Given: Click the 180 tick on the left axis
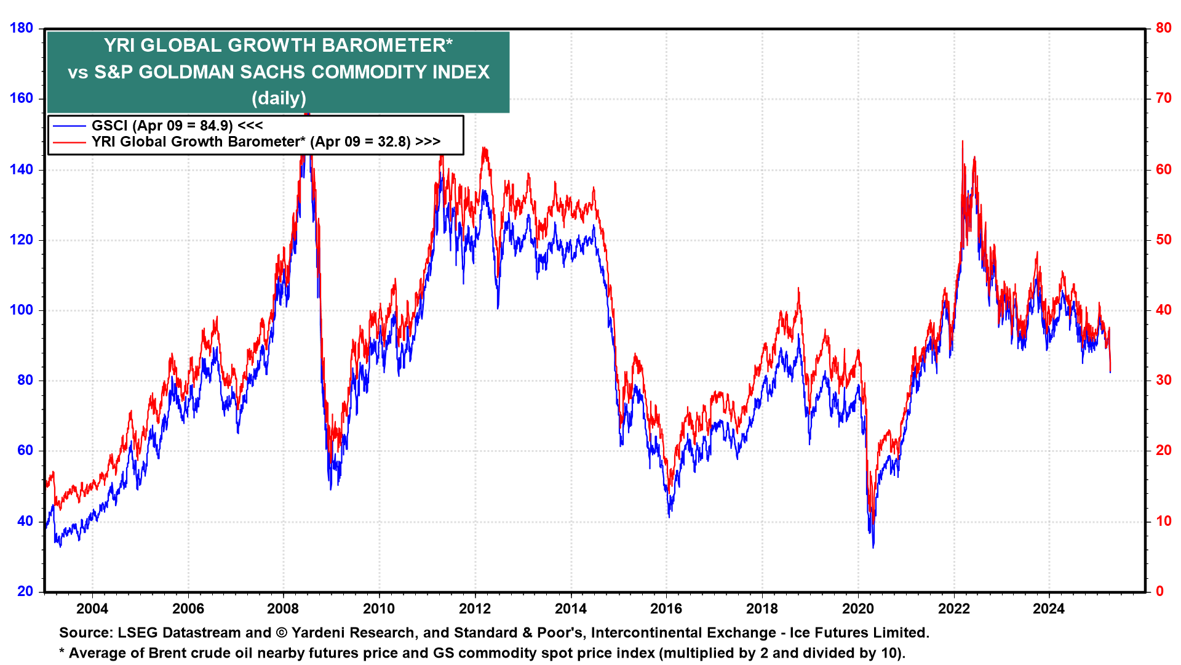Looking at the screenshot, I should pos(22,28).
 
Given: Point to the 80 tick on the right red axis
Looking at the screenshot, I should pos(1163,28).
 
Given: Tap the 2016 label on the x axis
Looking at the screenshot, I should pos(666,609).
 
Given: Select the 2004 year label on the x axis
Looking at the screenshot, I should pos(92,609).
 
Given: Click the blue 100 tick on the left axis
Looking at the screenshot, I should pos(22,310).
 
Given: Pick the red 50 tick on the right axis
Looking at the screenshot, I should pos(1163,240).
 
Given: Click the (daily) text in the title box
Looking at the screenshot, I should pos(279,98).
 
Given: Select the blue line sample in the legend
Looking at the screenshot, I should pos(69,126).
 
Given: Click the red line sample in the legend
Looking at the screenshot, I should pos(69,142).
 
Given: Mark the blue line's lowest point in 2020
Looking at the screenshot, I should pos(873,547).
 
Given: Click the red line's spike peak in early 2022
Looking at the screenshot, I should pos(962,142).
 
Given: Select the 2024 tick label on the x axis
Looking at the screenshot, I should pos(1049,609).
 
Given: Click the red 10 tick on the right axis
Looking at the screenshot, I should pos(1163,522).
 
